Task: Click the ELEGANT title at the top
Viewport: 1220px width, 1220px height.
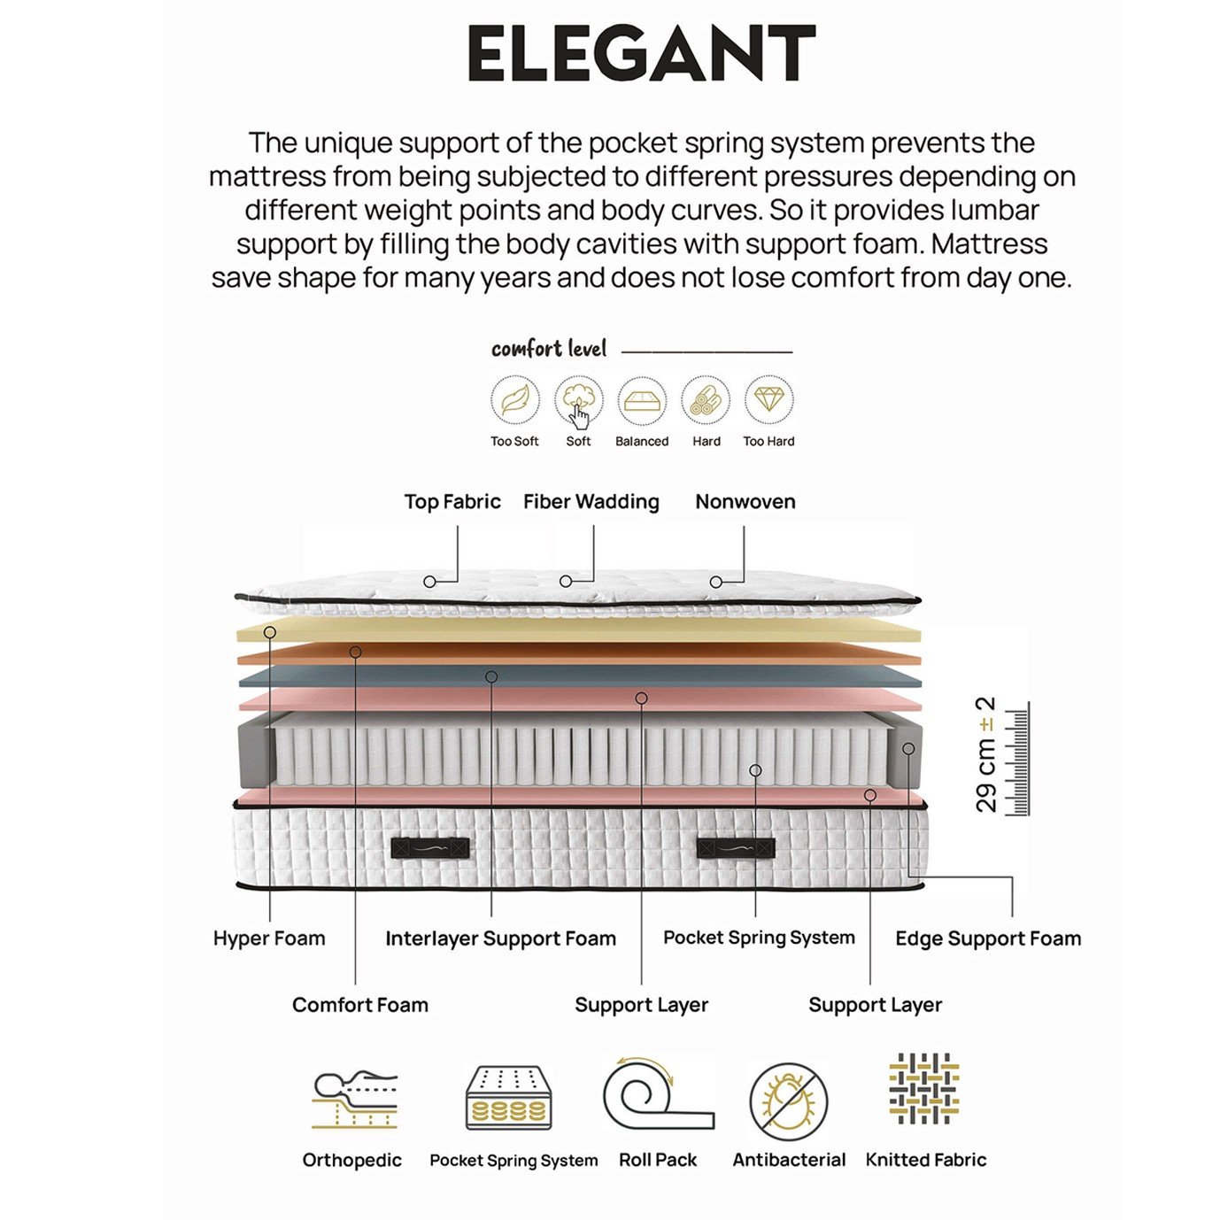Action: point(641,53)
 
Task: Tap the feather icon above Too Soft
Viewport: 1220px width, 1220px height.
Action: point(514,400)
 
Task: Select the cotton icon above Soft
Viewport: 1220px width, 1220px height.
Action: point(579,400)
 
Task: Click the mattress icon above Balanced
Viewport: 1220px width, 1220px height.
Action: point(642,400)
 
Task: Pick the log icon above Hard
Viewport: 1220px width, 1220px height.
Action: point(706,400)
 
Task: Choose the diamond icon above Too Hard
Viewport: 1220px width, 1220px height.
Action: point(768,400)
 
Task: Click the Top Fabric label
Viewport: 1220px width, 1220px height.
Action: point(452,501)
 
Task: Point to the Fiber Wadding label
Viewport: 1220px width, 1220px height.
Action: point(591,501)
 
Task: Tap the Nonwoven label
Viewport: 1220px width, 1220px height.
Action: point(745,501)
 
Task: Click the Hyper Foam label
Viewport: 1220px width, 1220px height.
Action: point(269,938)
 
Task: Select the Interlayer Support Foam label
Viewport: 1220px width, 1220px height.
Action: point(500,938)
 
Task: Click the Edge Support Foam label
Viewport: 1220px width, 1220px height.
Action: point(988,938)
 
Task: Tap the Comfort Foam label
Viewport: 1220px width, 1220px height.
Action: point(360,1005)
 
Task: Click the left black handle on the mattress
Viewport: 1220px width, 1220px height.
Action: point(430,848)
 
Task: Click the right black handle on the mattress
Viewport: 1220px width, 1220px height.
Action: point(736,848)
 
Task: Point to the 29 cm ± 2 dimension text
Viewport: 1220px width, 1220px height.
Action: point(985,754)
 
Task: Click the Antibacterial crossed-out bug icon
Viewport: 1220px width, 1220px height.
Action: point(788,1102)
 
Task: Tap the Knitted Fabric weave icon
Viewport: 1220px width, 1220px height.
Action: point(923,1090)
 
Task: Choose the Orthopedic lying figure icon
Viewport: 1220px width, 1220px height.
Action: point(354,1100)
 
